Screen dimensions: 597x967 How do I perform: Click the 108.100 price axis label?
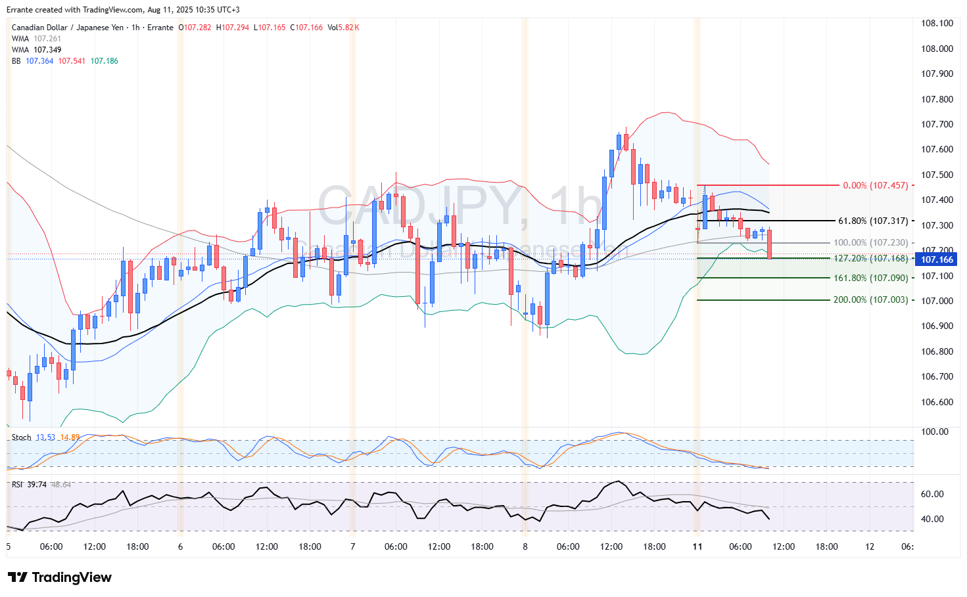[x=937, y=23]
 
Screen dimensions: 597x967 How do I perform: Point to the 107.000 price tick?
[x=937, y=301]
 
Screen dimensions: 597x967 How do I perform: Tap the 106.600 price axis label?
[x=937, y=402]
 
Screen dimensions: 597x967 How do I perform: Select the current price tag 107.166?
[x=937, y=259]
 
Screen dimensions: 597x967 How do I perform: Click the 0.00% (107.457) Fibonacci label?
[x=875, y=185]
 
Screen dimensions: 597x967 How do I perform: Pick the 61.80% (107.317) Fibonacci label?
[x=872, y=221]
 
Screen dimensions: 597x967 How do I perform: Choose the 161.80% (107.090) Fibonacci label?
[x=870, y=278]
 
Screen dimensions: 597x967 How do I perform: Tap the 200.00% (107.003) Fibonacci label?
[x=870, y=299]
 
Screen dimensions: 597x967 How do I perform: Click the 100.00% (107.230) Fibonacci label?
[x=870, y=242]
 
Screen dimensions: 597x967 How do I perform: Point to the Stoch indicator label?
[x=21, y=437]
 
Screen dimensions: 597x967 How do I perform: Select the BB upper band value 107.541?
[x=72, y=61]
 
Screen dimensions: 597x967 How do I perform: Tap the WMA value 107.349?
[x=47, y=50]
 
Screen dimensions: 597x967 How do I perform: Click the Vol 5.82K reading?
[x=343, y=28]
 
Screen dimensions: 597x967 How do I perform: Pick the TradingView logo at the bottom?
[x=60, y=577]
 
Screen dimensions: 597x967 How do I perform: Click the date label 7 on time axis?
[x=353, y=546]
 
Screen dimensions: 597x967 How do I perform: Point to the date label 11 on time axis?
[x=697, y=546]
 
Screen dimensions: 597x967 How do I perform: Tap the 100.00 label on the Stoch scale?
[x=935, y=431]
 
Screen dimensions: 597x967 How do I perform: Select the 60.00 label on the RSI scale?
[x=932, y=494]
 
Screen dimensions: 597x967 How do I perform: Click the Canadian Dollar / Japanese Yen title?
[x=68, y=28]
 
